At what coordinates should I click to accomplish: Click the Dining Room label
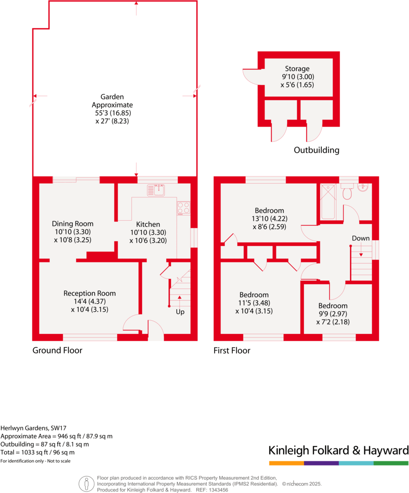tap(73, 223)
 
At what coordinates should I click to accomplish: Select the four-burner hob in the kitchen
tap(183, 208)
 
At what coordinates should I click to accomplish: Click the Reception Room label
tap(90, 293)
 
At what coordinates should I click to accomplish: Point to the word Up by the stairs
tap(180, 312)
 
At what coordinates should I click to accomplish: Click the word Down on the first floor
tap(361, 238)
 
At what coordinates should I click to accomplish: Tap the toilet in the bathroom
tap(347, 193)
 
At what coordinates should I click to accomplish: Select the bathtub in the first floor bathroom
tap(328, 202)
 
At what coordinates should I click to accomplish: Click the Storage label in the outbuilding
tap(297, 68)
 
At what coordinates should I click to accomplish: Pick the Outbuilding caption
tap(317, 150)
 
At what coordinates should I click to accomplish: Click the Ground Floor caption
tap(57, 351)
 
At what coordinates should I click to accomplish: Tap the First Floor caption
tap(232, 351)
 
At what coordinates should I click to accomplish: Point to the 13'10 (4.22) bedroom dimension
tap(269, 219)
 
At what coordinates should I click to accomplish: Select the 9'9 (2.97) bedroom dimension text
tap(333, 314)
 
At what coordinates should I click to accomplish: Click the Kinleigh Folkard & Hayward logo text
tap(338, 450)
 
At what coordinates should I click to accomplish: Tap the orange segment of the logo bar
tap(286, 463)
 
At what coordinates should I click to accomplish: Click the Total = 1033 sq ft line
tap(37, 452)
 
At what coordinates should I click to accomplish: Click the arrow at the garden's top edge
tap(136, 4)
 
